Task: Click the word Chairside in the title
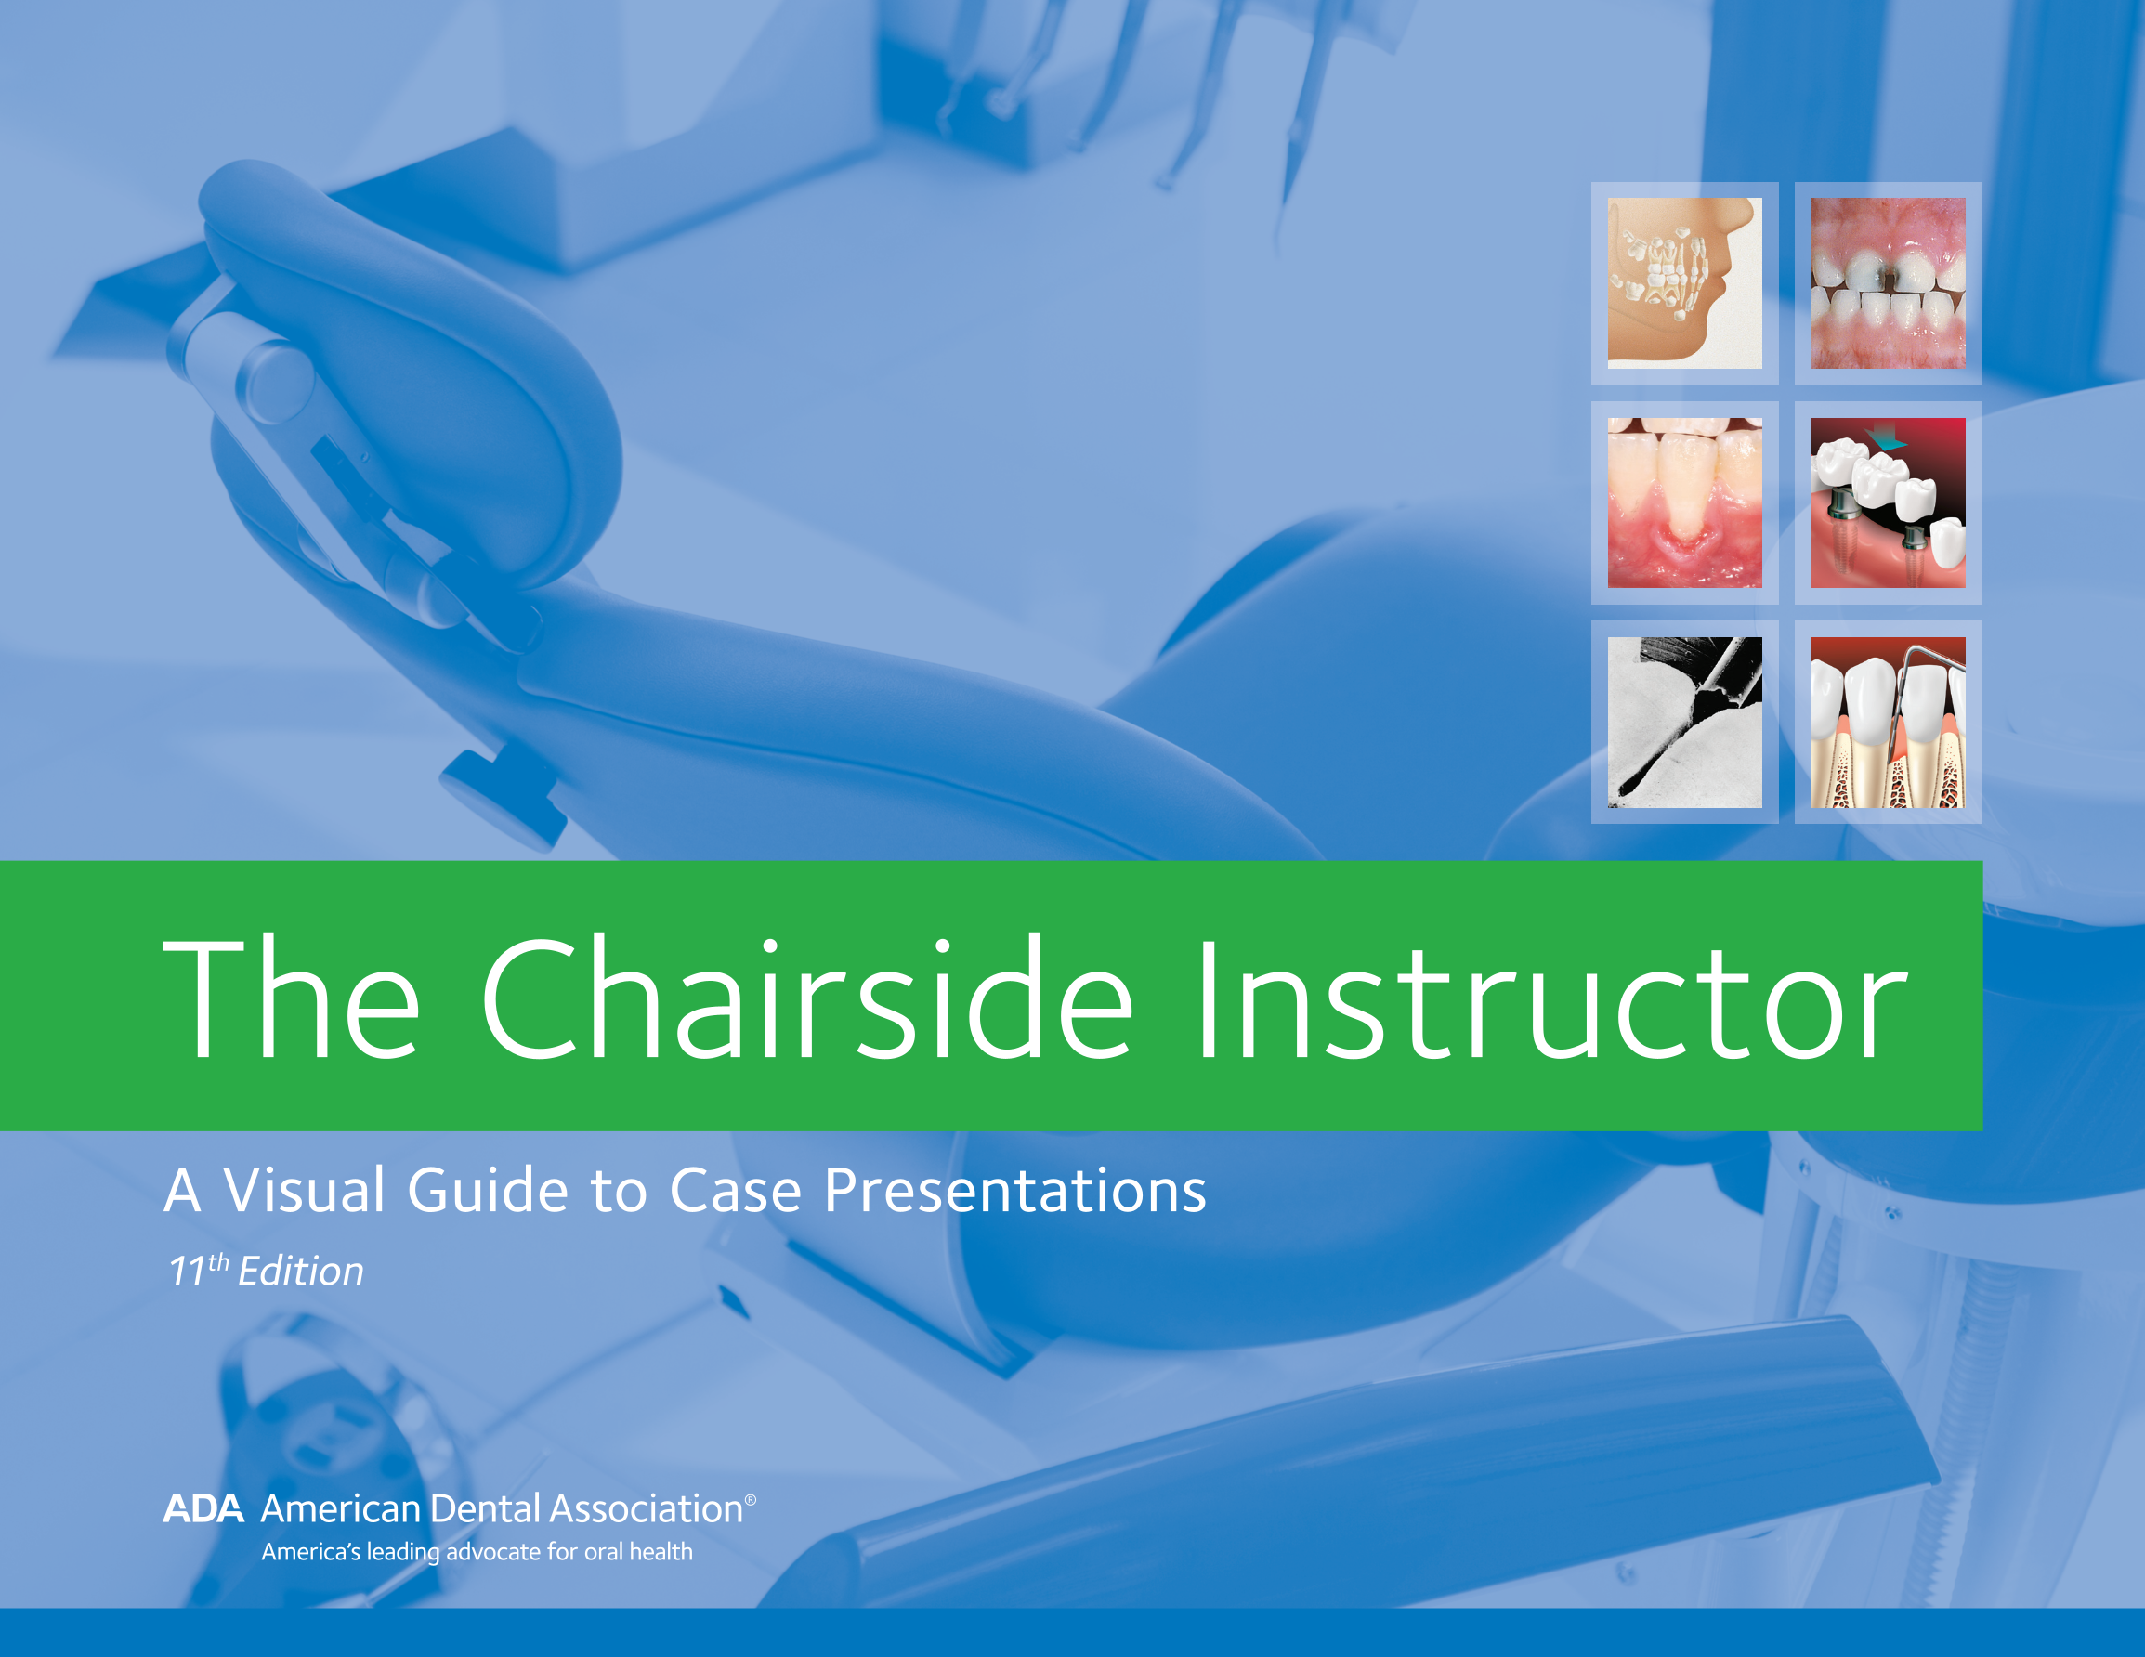click(806, 998)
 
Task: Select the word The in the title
click(292, 998)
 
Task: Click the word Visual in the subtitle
click(305, 1191)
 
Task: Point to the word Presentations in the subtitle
click(1015, 1191)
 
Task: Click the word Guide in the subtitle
click(488, 1191)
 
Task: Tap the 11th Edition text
click(267, 1270)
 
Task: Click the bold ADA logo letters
click(203, 1508)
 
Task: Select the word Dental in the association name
click(486, 1508)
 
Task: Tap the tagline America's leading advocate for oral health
click(477, 1552)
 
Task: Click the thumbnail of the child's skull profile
click(1684, 283)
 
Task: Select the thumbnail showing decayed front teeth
click(1888, 283)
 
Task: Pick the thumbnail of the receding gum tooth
click(1684, 502)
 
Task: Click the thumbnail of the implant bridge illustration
click(1888, 502)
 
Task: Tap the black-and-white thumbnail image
click(1684, 723)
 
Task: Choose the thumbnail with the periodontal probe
click(1888, 723)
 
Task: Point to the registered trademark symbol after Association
click(751, 1500)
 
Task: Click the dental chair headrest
click(393, 373)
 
